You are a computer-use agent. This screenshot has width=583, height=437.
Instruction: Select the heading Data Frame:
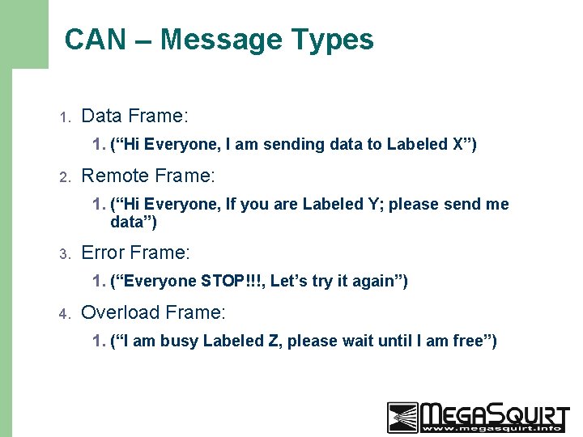click(x=135, y=117)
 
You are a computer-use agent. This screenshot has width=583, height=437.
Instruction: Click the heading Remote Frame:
click(x=148, y=176)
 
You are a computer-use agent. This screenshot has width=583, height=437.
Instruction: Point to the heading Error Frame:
click(x=136, y=252)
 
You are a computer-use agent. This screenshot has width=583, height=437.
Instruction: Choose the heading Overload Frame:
click(x=154, y=312)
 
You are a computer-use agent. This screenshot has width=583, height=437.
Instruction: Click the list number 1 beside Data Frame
click(x=66, y=118)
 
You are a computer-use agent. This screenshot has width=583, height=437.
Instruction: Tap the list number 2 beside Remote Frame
click(x=66, y=177)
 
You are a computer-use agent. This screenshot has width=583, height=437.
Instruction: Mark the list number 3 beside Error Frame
click(x=66, y=254)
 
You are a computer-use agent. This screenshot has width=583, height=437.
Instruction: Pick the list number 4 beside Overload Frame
click(x=66, y=314)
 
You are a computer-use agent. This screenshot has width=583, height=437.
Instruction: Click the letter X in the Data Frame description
click(x=458, y=145)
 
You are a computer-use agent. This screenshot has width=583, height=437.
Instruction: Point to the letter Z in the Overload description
click(x=272, y=342)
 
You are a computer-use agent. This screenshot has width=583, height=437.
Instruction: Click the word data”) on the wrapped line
click(x=134, y=223)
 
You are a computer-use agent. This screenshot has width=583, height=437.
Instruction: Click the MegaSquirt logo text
click(x=495, y=417)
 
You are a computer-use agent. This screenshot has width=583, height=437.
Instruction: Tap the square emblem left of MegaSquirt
click(x=402, y=417)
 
